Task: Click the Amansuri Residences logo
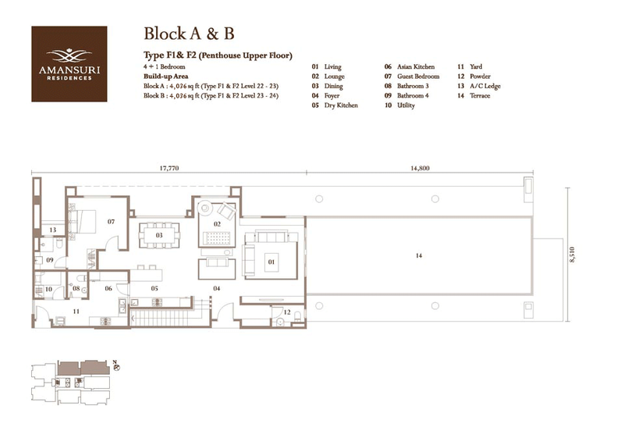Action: click(x=69, y=63)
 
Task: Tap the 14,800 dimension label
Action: click(x=418, y=168)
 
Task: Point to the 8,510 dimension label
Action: click(x=573, y=257)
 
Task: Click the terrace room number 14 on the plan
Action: click(x=421, y=255)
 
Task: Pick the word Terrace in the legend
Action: click(x=480, y=96)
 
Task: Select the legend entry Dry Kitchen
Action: click(x=341, y=105)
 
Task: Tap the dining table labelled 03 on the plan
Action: click(x=158, y=234)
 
